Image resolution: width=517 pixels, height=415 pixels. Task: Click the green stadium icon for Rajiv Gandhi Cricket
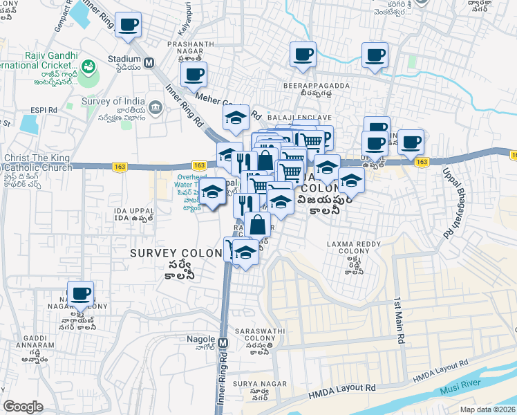(88, 68)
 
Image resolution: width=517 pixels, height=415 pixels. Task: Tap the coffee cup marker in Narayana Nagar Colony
(81, 293)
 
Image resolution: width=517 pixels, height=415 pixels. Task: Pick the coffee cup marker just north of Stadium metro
(128, 26)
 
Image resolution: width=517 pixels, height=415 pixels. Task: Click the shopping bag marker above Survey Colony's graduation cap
(257, 225)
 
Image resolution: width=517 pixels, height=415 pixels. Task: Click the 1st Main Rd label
(399, 322)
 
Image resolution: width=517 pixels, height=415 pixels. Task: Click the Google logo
(23, 407)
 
